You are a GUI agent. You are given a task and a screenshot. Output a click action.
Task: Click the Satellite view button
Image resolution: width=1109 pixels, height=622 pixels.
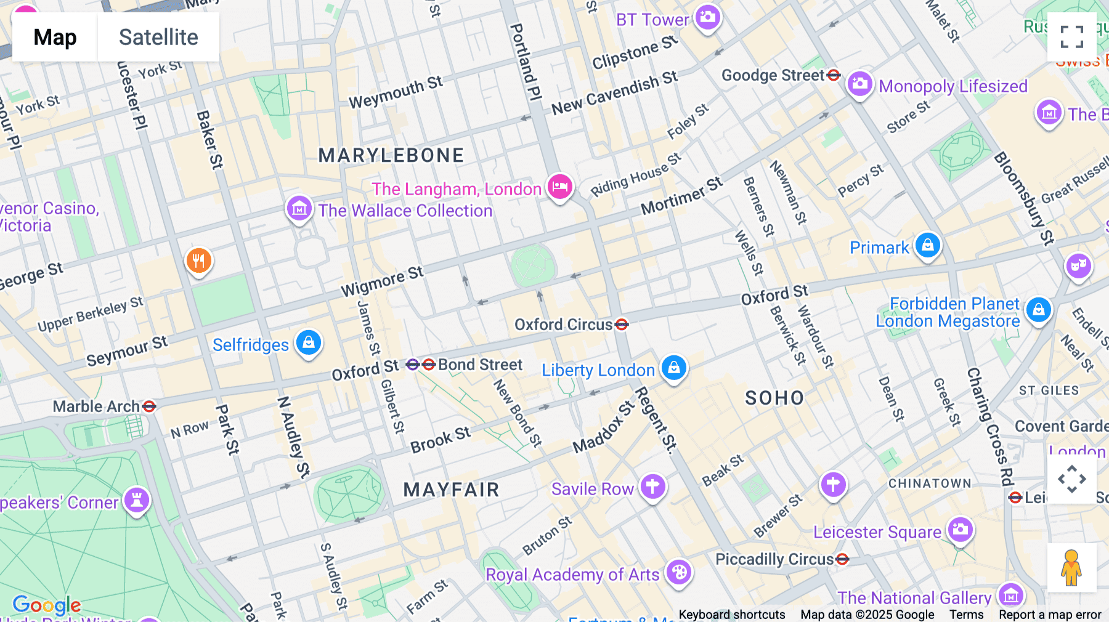[x=158, y=37]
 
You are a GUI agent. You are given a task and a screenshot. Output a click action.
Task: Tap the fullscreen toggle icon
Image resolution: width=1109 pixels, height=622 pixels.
[x=1071, y=37]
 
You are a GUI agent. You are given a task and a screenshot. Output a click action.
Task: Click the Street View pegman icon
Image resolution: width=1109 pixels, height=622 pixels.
[x=1071, y=567]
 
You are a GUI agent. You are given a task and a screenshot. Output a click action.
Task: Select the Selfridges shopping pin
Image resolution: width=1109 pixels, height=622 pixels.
[x=309, y=342]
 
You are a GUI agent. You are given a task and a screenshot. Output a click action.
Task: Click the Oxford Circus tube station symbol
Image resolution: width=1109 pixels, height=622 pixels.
[x=622, y=325]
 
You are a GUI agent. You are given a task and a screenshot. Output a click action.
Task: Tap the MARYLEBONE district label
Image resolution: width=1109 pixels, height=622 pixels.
[x=391, y=155]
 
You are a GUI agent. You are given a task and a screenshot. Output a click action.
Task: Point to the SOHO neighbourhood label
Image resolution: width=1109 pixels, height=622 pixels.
[x=774, y=398]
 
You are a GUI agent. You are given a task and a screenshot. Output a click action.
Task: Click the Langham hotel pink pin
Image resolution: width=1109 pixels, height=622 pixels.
[x=559, y=186]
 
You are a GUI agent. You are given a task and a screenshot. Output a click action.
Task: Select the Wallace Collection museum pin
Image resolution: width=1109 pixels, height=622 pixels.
[x=299, y=209]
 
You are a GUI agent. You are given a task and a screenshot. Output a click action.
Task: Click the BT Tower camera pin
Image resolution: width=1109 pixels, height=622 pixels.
[x=708, y=17]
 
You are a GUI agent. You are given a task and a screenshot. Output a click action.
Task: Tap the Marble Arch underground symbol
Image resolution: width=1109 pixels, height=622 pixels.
[x=149, y=406]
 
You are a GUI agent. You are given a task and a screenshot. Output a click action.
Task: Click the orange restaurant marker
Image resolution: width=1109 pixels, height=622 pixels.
[x=198, y=261]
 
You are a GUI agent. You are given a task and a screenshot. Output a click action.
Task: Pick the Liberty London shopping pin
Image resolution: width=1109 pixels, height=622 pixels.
[x=673, y=368]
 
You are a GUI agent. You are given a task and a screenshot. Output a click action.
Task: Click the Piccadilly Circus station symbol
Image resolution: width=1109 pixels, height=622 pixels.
[x=842, y=559]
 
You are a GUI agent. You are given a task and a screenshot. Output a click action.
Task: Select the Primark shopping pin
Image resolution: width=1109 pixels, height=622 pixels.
[x=927, y=245]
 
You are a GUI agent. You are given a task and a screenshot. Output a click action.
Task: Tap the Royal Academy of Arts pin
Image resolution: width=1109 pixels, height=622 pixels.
[x=679, y=572]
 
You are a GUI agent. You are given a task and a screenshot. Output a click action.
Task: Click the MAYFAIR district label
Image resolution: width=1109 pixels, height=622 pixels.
[x=451, y=490]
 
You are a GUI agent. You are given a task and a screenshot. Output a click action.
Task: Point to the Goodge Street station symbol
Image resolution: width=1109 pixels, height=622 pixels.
[x=834, y=75]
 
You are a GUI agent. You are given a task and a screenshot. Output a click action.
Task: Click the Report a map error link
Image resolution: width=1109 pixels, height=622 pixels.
[x=1050, y=615]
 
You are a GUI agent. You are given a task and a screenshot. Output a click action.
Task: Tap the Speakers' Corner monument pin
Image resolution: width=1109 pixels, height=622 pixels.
[x=136, y=500]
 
